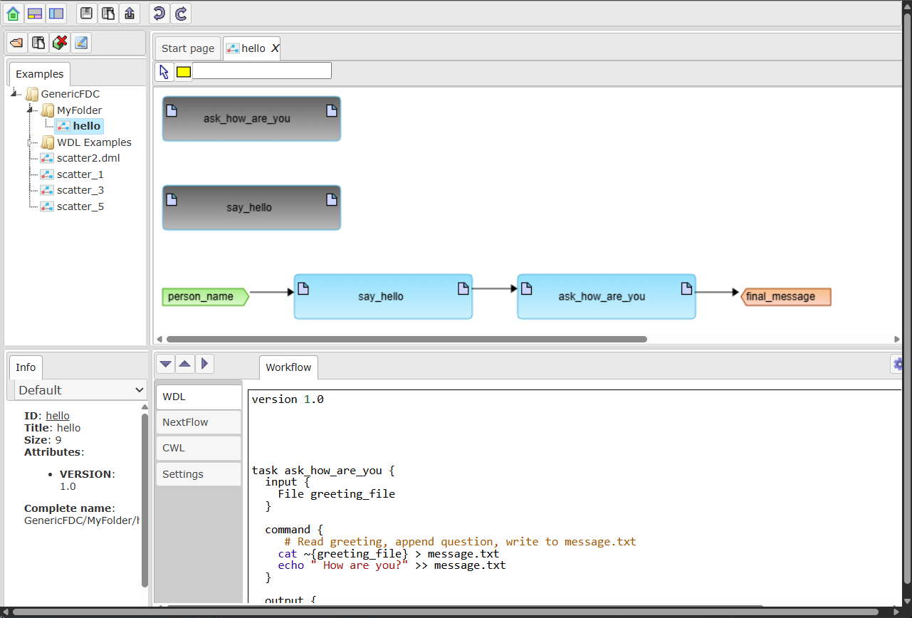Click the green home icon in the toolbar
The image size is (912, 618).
coord(13,14)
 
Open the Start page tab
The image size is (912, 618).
coord(188,48)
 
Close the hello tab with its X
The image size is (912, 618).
coord(276,48)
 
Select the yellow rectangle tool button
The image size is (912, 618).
coord(184,72)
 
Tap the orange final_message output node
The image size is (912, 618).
coord(786,296)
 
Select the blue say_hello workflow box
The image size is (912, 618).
coord(383,296)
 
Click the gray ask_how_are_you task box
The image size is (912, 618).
coord(251,118)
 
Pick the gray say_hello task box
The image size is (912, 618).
coord(251,208)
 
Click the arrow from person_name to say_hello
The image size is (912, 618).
coord(271,292)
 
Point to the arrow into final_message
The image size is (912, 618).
coord(717,292)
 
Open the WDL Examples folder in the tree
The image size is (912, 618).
coord(94,142)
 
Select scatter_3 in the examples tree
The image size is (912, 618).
coord(80,190)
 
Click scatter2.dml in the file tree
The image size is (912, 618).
coord(88,158)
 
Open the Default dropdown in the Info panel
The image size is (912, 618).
coord(80,390)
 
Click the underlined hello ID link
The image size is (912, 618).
coord(58,416)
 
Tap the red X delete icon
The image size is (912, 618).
coord(60,43)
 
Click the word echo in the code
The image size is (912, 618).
coord(290,565)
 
